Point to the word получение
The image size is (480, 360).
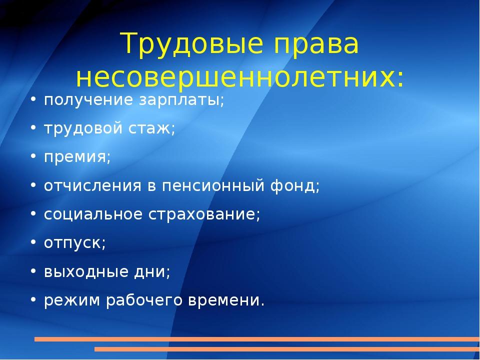point(88,100)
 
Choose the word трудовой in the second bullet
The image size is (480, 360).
point(83,128)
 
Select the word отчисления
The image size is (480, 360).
point(93,186)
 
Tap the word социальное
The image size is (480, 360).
point(93,214)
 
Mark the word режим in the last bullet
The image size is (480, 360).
point(72,300)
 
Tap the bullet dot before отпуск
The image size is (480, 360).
point(33,242)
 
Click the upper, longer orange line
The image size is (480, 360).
point(257,339)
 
